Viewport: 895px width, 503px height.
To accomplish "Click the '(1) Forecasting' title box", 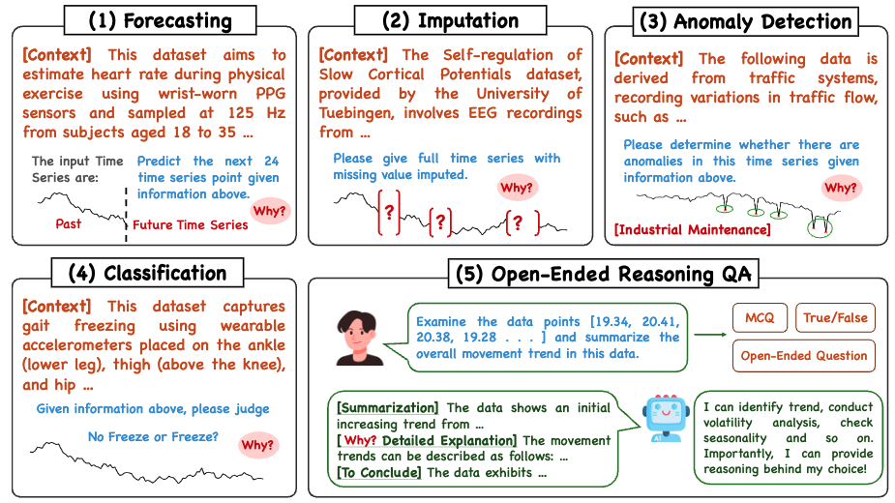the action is click(x=161, y=20).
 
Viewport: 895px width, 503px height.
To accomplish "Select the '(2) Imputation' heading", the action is click(x=450, y=20).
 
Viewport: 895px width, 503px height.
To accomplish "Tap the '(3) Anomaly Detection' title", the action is click(x=745, y=21).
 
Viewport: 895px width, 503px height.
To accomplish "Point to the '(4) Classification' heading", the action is click(x=147, y=273).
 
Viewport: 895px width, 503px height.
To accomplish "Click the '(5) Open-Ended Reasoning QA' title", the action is click(x=604, y=274).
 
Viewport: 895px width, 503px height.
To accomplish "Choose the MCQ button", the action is click(x=760, y=318).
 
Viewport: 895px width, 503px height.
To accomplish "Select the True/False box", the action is click(x=835, y=318).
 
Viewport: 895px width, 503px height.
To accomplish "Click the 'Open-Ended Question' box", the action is click(x=804, y=356).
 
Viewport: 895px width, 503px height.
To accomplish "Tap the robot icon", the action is click(x=666, y=417).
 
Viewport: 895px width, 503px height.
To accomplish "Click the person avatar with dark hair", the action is click(x=360, y=338).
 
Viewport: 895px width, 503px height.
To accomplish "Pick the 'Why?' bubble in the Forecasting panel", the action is click(x=269, y=211).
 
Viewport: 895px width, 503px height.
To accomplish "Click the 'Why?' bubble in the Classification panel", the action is click(x=257, y=445).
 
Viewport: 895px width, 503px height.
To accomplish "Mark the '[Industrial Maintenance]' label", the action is click(x=693, y=229).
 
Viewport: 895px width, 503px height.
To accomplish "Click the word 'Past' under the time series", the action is click(x=68, y=223).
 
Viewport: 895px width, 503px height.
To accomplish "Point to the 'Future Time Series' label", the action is click(x=190, y=225).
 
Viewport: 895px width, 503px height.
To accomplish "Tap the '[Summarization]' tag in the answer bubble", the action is click(x=388, y=407).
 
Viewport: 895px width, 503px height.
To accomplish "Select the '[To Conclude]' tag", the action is click(x=379, y=473).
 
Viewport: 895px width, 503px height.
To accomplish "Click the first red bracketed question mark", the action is click(x=389, y=213).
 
